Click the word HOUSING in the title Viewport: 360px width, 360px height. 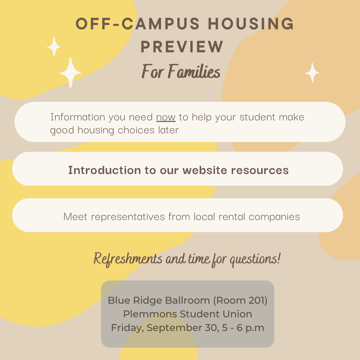coord(251,23)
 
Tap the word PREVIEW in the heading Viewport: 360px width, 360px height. coord(182,47)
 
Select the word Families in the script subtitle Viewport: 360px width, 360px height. coord(194,71)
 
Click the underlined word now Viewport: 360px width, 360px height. coord(166,117)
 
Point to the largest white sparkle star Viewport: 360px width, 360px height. coord(70,73)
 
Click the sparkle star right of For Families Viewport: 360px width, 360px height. coord(312,73)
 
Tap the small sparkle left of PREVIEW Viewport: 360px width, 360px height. coord(54,47)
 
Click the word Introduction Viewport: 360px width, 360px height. coord(105,170)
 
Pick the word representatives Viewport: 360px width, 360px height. coord(128,217)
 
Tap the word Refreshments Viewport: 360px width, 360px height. coord(128,259)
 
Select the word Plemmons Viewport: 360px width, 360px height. coord(150,314)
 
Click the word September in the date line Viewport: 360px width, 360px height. coord(174,328)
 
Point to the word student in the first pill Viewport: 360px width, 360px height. coord(257,117)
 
